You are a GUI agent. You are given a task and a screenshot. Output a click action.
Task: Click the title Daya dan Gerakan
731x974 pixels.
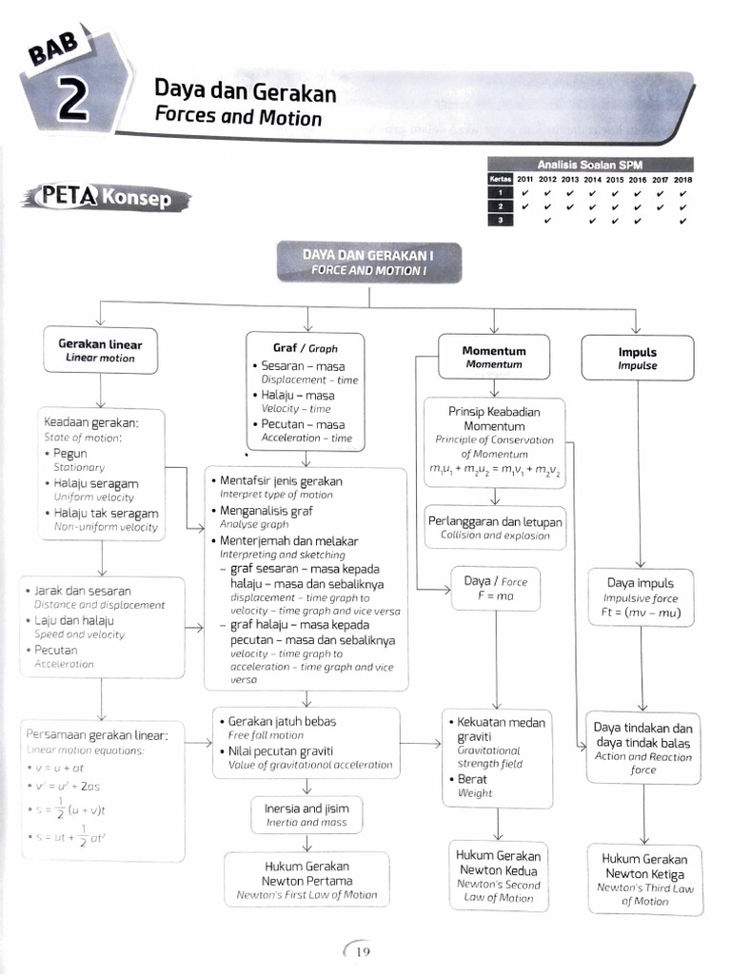(245, 92)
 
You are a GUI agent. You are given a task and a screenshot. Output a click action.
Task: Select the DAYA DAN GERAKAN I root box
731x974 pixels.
(368, 262)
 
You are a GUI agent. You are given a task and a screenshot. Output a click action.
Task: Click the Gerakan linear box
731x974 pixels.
(100, 350)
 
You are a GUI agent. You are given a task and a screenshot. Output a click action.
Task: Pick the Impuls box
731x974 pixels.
(637, 358)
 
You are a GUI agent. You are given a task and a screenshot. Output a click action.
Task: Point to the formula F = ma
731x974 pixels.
(495, 595)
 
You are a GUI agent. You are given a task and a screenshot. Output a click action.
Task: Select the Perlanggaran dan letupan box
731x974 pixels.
(495, 528)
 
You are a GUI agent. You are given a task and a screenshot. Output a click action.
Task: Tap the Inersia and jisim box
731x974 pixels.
(306, 814)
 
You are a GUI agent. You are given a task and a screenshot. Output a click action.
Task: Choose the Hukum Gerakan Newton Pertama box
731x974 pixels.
(306, 880)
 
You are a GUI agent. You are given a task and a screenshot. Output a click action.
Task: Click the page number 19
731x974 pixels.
(361, 951)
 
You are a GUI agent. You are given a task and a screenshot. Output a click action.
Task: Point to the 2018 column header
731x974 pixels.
(682, 179)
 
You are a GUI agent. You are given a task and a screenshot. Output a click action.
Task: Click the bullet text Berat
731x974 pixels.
(472, 779)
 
